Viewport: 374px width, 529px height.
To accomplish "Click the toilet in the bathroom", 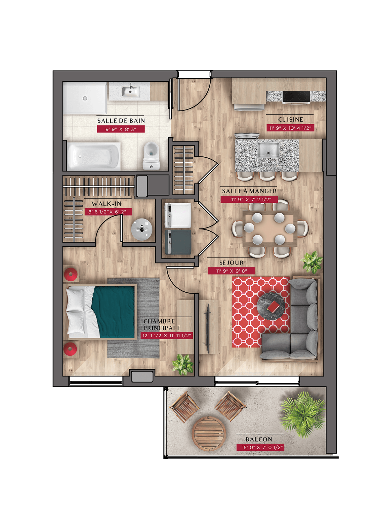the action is [x=151, y=156].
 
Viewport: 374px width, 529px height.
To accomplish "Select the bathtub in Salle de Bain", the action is [x=94, y=156].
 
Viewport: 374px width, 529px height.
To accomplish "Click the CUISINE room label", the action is [x=290, y=119].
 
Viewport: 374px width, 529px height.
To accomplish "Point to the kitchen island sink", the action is [x=268, y=150].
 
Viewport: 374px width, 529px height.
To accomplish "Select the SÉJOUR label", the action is [x=231, y=263].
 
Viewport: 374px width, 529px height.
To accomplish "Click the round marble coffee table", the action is [x=271, y=306].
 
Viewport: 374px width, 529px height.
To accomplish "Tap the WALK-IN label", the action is [x=106, y=204].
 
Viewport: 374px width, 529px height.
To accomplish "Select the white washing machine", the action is [x=178, y=215].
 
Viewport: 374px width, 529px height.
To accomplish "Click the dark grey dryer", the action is [x=178, y=242].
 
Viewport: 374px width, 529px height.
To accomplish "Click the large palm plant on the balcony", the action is [x=303, y=414].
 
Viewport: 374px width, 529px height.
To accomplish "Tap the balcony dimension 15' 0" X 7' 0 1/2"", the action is [x=260, y=447].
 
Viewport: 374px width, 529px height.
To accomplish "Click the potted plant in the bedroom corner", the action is [x=183, y=364].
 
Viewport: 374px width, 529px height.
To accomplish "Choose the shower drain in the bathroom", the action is [x=85, y=98].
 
